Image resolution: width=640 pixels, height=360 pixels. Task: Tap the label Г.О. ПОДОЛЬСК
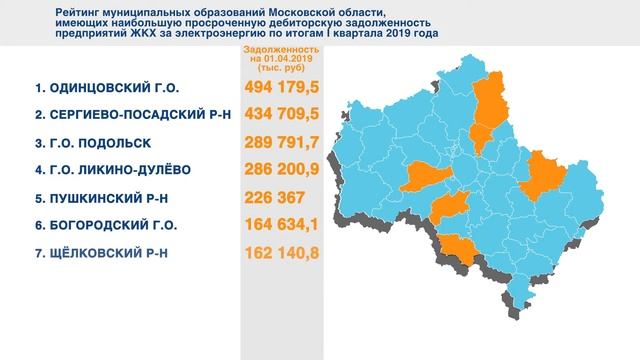pos(99,143)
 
